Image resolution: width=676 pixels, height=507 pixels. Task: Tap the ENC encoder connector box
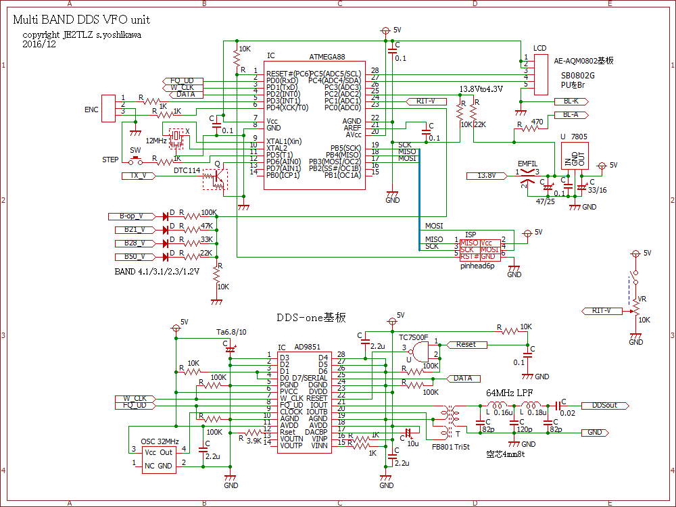pos(109,110)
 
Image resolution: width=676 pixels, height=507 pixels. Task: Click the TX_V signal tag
pos(138,176)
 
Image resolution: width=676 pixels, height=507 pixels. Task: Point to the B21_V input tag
pos(134,230)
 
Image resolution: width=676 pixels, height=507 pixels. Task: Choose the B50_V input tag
pos(134,257)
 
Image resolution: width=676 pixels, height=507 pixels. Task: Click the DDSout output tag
pos(604,406)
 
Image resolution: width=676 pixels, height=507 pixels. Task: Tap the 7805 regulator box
pos(575,155)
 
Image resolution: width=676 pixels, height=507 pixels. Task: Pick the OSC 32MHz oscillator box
pos(158,458)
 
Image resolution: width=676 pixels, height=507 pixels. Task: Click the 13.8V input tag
pos(486,176)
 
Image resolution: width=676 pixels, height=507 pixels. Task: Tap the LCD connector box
pos(541,74)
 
